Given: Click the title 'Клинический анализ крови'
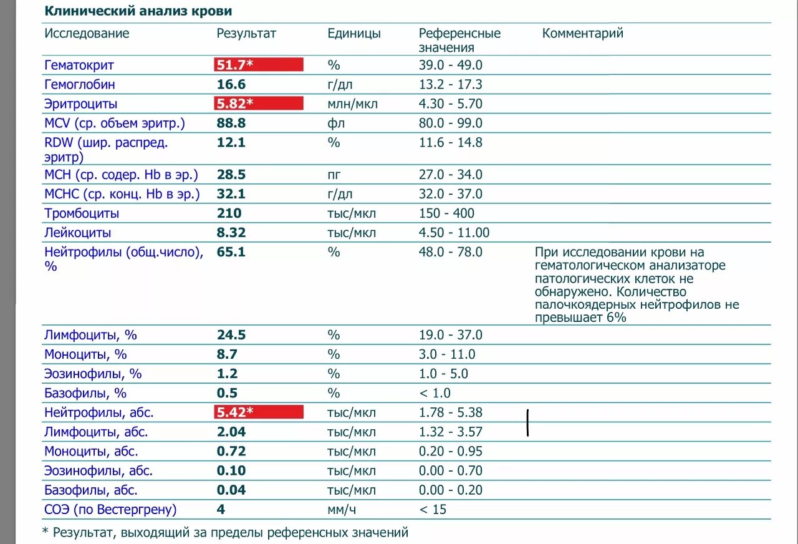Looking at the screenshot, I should [138, 11].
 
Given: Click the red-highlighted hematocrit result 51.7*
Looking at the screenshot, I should [259, 65].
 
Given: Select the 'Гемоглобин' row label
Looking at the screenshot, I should [80, 84].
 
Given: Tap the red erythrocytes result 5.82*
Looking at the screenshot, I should [259, 104].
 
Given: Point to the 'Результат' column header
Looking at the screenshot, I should [246, 34].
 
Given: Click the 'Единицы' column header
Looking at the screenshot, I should [354, 34].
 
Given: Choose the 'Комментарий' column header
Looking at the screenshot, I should [582, 34].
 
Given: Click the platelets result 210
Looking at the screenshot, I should [229, 213].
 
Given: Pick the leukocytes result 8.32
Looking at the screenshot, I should [231, 233].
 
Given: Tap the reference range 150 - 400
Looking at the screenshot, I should [446, 213].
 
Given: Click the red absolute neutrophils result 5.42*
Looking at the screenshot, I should [259, 412].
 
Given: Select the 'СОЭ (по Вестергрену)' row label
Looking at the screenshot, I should [110, 510].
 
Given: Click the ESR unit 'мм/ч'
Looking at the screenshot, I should [342, 510].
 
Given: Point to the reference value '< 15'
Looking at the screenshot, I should [433, 510].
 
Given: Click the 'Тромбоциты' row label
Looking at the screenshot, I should [82, 213].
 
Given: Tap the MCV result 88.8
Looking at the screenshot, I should [231, 123].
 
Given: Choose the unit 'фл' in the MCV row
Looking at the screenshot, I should [336, 123].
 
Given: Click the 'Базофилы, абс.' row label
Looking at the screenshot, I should [91, 490].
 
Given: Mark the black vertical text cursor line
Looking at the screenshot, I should [528, 422].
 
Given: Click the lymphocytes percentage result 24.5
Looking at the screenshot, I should [231, 335].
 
